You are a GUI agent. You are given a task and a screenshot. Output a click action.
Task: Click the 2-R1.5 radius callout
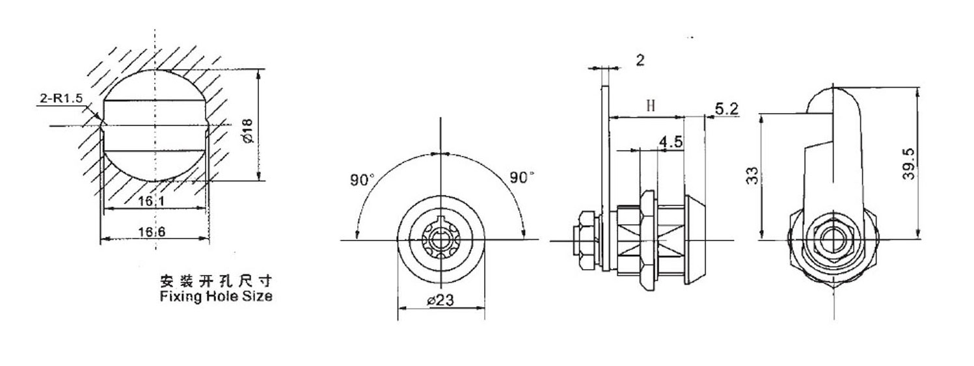60,99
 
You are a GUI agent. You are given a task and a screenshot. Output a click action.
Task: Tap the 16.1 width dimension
154,202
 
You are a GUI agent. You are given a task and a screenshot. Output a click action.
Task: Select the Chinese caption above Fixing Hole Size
215,281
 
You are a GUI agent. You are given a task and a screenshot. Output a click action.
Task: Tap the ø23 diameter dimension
440,301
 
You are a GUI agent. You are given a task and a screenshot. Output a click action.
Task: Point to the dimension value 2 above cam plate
640,60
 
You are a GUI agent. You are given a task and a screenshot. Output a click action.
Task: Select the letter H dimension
650,105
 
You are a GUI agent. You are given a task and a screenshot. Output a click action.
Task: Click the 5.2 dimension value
726,109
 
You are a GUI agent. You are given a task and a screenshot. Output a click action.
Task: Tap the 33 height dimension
751,176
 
